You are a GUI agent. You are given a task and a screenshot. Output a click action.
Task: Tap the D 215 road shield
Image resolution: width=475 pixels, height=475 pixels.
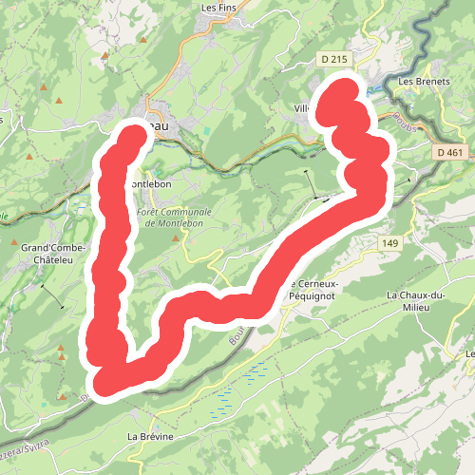333,60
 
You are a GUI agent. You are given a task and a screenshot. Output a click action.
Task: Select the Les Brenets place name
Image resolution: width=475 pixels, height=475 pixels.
423,81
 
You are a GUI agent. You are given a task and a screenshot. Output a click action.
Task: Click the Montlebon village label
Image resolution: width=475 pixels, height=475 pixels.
150,182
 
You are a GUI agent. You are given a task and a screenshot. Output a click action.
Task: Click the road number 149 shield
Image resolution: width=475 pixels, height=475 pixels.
389,243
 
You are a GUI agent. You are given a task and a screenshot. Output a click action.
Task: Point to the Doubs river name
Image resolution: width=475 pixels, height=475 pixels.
399,120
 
